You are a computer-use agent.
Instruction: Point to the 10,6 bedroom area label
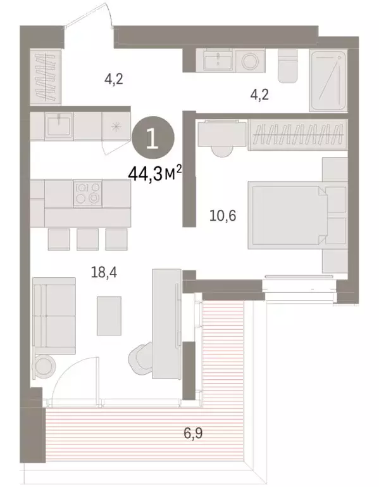pyautogui.click(x=222, y=217)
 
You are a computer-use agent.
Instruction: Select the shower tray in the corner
pyautogui.click(x=329, y=81)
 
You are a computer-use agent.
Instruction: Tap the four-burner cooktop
pyautogui.click(x=87, y=193)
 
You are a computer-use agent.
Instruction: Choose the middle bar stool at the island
pyautogui.click(x=87, y=239)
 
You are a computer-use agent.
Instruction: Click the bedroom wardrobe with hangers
pyautogui.click(x=298, y=135)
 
